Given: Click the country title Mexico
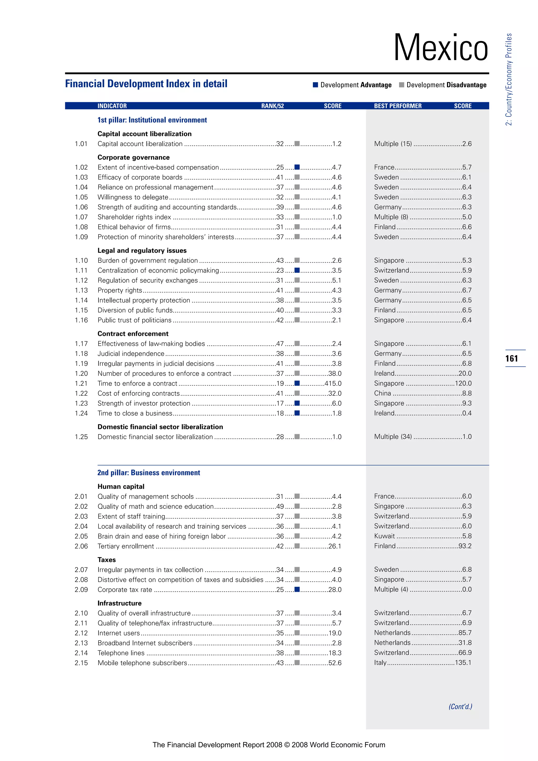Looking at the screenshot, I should pos(441,48).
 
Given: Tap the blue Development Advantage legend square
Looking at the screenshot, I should pos(315,85).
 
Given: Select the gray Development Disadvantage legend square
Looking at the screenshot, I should pos(401,85).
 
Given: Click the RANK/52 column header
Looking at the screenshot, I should pos(272,106).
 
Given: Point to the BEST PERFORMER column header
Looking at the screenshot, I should pos(397,106).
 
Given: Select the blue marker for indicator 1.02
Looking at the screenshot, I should pos(297,167).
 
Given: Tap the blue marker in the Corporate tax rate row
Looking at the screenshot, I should pos(297,589).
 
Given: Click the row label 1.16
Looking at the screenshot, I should pos(81,320).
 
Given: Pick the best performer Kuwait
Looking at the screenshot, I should pos(384,536).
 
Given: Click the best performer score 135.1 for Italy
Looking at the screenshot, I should pos(463,662).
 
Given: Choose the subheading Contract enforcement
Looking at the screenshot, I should pos(133,334).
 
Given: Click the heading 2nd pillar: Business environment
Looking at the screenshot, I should pos(149,473).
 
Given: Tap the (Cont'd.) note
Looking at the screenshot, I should pos(460,706).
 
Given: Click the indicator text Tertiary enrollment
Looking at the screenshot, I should pos(126,546).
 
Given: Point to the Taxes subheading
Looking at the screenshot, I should pos(107,560).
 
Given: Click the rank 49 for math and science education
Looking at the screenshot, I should pos(280,506).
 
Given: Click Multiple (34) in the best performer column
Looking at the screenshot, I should pos(393,436).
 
